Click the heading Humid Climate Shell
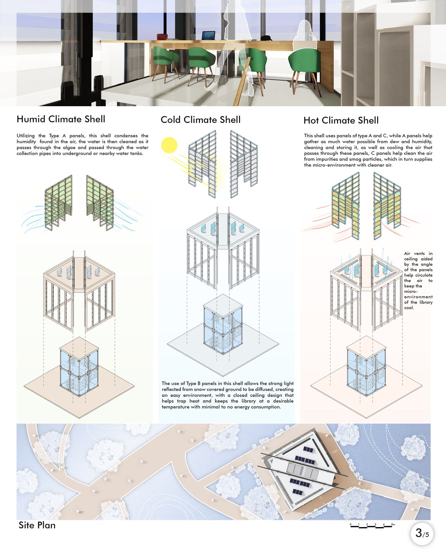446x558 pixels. tap(61, 119)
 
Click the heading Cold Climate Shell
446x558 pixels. tap(200, 120)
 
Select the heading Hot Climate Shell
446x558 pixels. tap(341, 120)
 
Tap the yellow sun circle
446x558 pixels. tap(169, 145)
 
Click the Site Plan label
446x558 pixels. tap(37, 525)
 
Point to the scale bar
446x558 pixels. tap(372, 526)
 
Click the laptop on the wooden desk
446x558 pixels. tap(208, 36)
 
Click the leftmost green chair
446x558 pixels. tap(166, 60)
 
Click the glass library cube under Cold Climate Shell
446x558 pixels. tap(223, 328)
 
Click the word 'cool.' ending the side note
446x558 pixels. tap(409, 308)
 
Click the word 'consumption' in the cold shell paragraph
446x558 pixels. tap(265, 407)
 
